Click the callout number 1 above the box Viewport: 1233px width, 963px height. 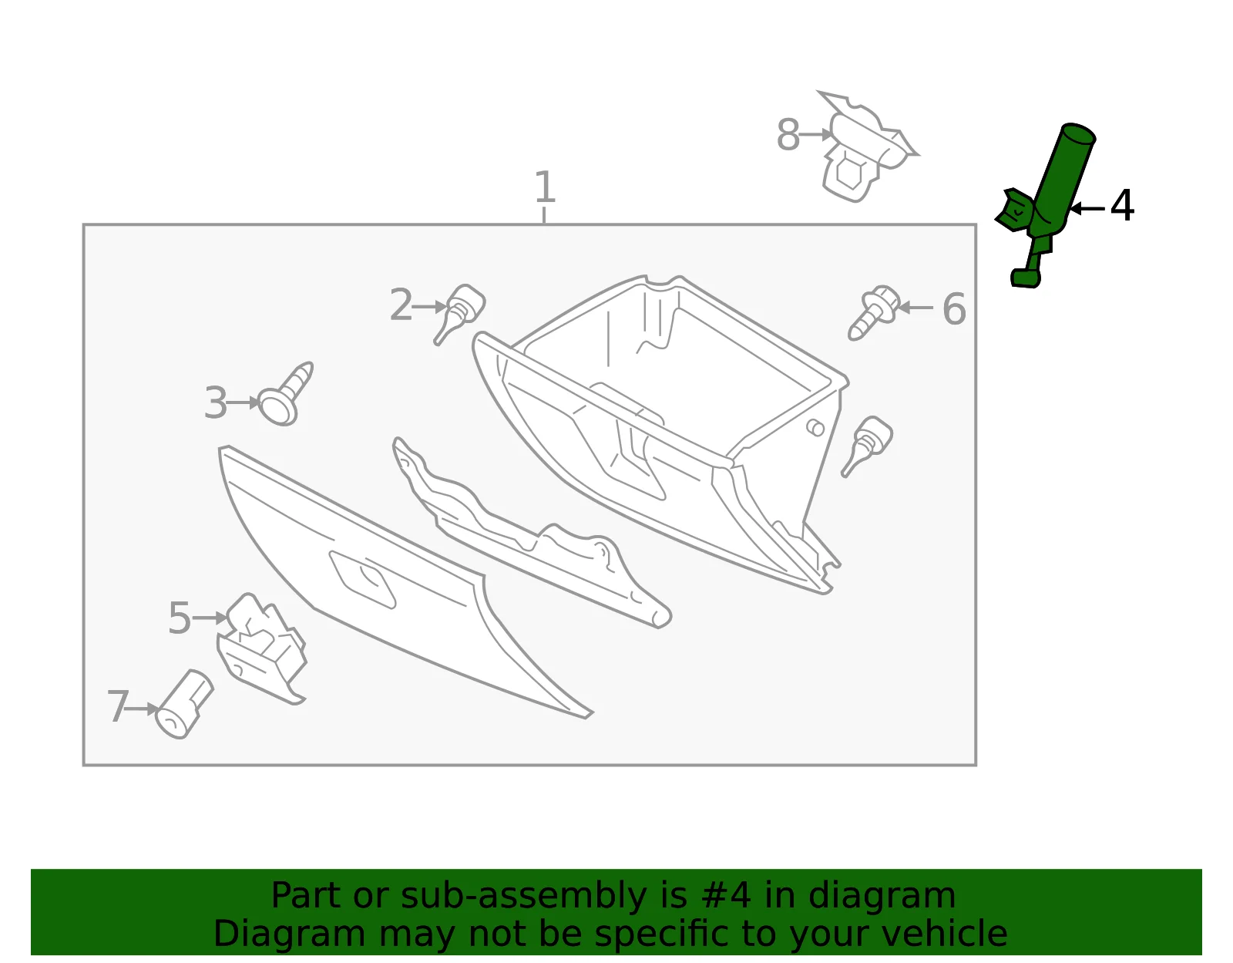545,187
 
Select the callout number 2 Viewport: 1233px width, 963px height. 401,305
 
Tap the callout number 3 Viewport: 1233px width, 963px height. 216,403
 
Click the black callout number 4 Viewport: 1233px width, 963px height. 1122,205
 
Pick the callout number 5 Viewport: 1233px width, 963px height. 180,618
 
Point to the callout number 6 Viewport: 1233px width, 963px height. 954,308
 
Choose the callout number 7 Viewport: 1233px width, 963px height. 119,706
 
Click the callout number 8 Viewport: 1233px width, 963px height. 788,135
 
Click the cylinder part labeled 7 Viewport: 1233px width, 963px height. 184,704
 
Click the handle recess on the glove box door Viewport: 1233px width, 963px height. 363,580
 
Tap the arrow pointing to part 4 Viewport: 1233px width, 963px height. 1087,209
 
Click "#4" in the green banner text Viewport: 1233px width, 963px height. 726,895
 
